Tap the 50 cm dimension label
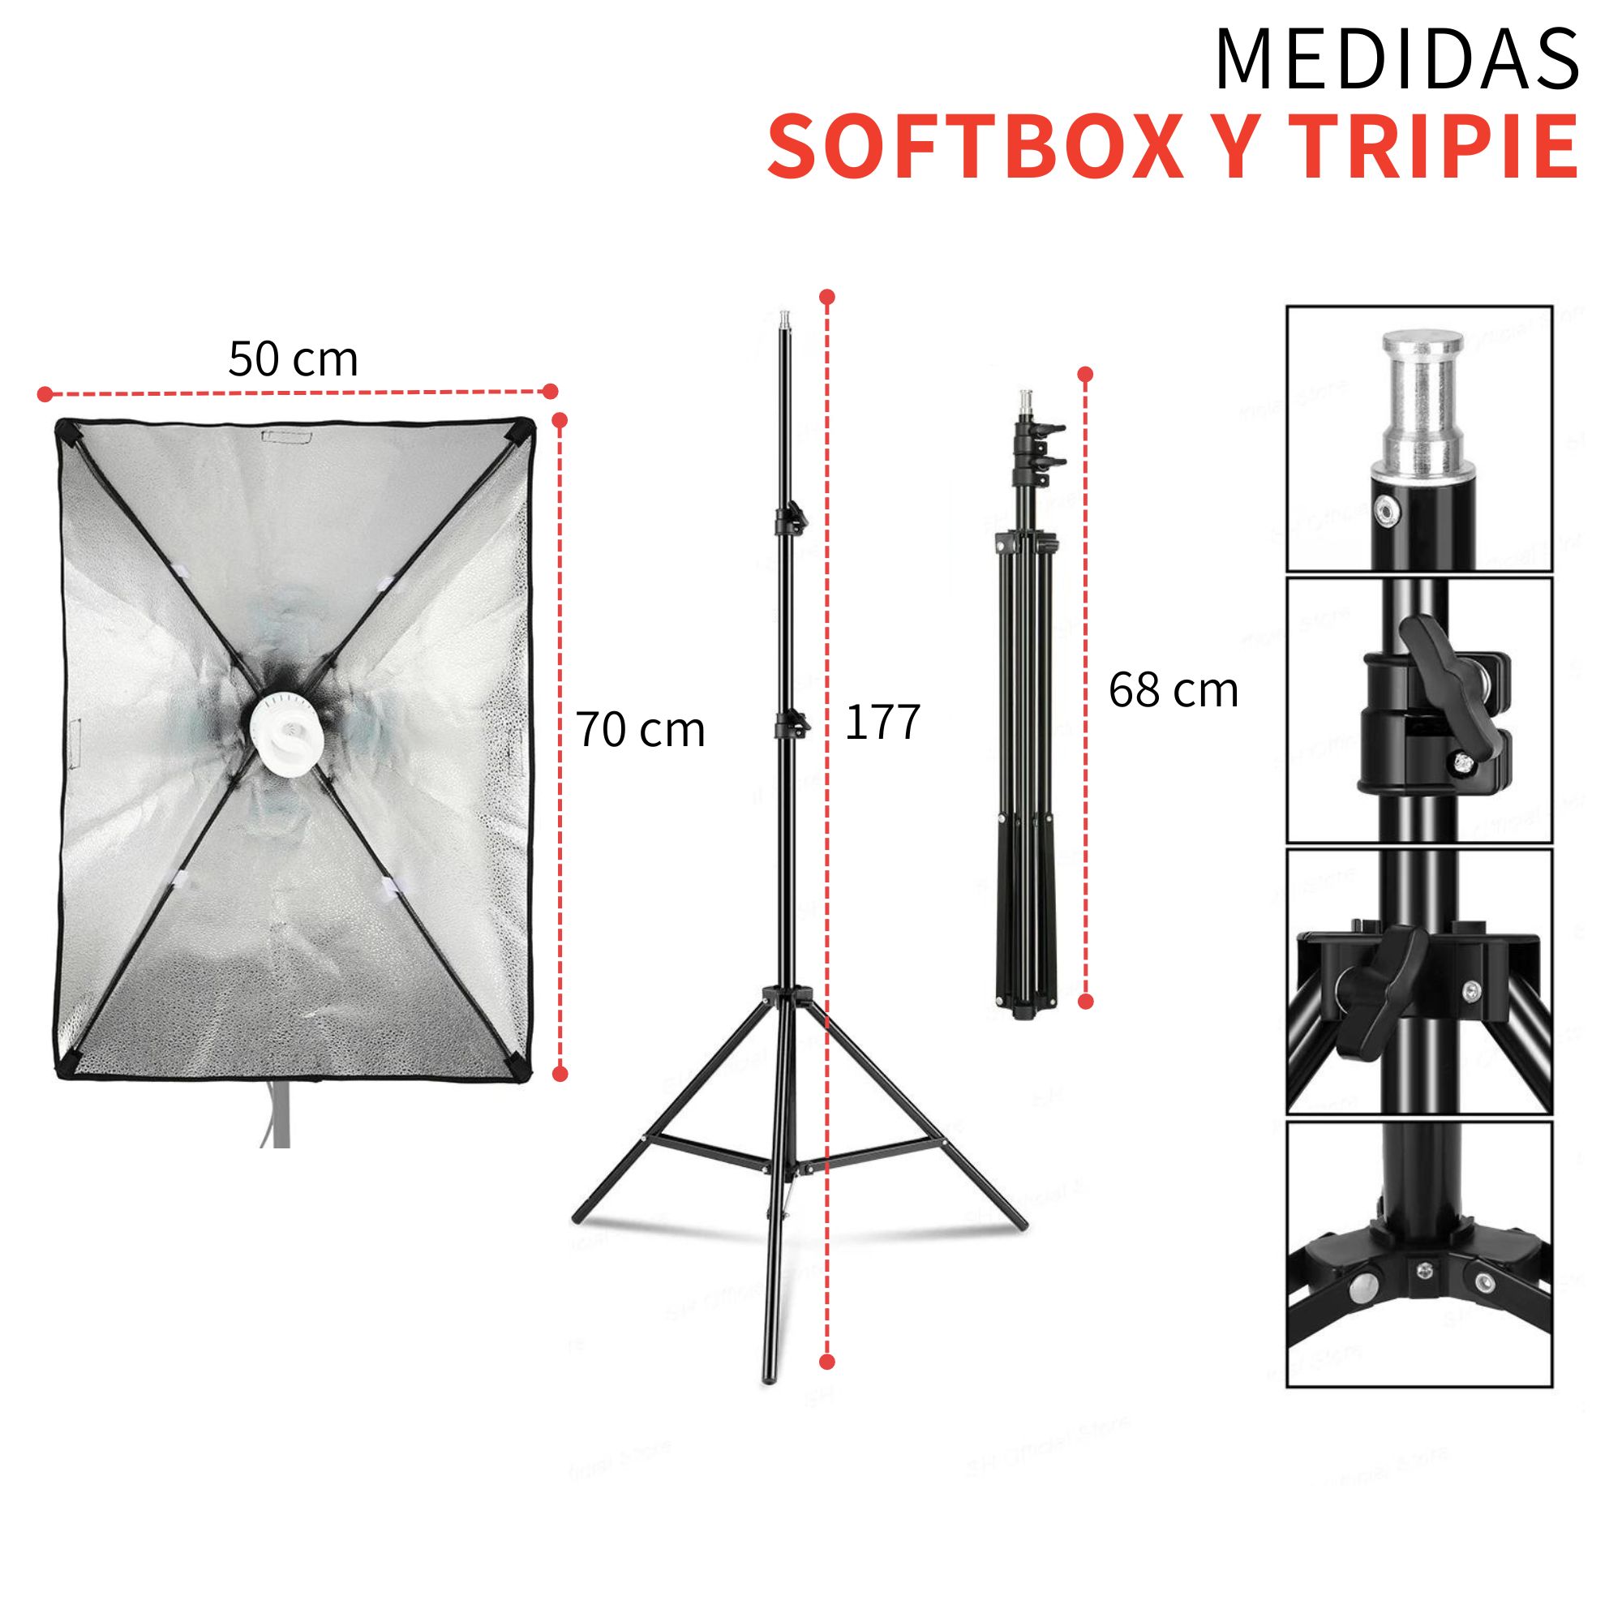(x=293, y=359)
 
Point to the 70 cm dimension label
(x=641, y=730)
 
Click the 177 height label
(x=882, y=722)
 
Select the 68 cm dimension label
(x=1173, y=691)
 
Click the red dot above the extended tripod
(x=828, y=296)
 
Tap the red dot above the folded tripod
(x=1086, y=375)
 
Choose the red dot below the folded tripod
(x=1086, y=1001)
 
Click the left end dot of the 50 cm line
(x=45, y=394)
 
